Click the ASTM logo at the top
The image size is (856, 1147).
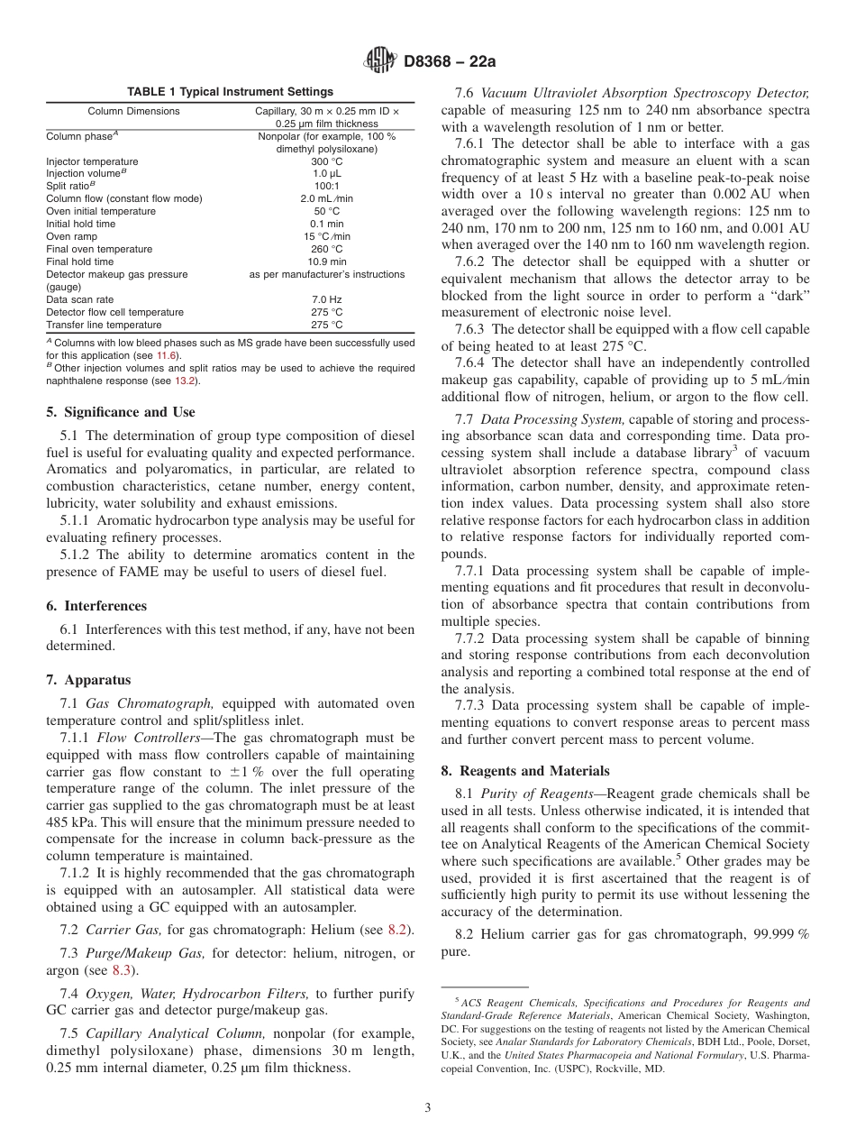pos(378,61)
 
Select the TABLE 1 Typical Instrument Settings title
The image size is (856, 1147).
pos(230,92)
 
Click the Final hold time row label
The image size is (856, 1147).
pos(81,262)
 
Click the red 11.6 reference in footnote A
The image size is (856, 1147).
pos(168,355)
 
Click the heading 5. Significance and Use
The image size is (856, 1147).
pos(121,412)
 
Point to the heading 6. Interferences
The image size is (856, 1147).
pos(96,606)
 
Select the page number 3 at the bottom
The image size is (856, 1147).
pos(428,1107)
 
